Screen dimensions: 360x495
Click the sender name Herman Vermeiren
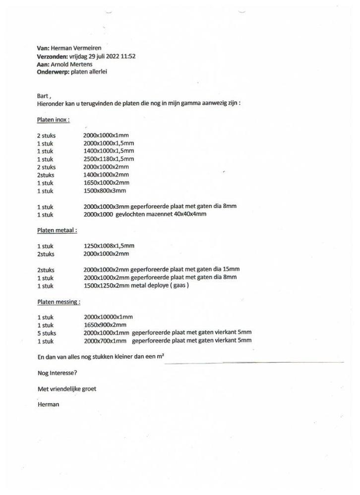click(x=76, y=48)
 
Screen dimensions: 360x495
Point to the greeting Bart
click(x=43, y=96)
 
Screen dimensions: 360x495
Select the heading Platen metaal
click(x=57, y=230)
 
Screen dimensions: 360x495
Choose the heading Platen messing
click(x=59, y=302)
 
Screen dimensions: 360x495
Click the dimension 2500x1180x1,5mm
click(x=109, y=159)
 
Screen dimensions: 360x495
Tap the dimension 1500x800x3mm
click(x=105, y=191)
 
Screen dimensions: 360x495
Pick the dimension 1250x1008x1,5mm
click(x=109, y=246)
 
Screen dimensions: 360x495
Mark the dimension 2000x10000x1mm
click(x=108, y=317)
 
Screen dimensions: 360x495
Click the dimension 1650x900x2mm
click(x=105, y=325)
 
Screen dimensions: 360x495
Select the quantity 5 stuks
click(x=47, y=333)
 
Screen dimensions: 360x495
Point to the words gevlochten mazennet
click(x=142, y=215)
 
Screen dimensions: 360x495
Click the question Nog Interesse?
click(x=58, y=373)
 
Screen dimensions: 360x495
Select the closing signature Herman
click(x=48, y=405)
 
